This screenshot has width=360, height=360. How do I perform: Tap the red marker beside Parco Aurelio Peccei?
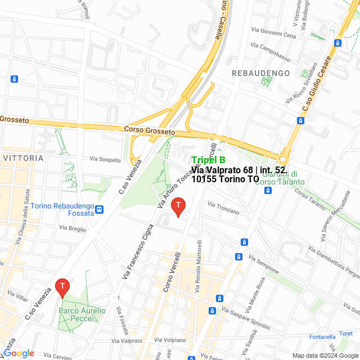tap(62, 288)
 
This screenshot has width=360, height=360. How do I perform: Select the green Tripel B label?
tap(209, 160)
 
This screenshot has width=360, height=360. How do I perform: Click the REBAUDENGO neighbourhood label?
tap(260, 73)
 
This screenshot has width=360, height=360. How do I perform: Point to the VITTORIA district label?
tap(23, 158)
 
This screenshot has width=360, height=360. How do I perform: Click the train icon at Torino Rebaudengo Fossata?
tap(100, 209)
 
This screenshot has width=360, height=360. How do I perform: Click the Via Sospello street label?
tap(105, 160)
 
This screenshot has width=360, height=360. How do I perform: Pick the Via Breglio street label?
tap(73, 228)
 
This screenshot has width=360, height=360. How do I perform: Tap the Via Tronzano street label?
tap(223, 208)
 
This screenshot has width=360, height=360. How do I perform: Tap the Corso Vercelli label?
tap(172, 271)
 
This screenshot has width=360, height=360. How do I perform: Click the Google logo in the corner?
tap(19, 353)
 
